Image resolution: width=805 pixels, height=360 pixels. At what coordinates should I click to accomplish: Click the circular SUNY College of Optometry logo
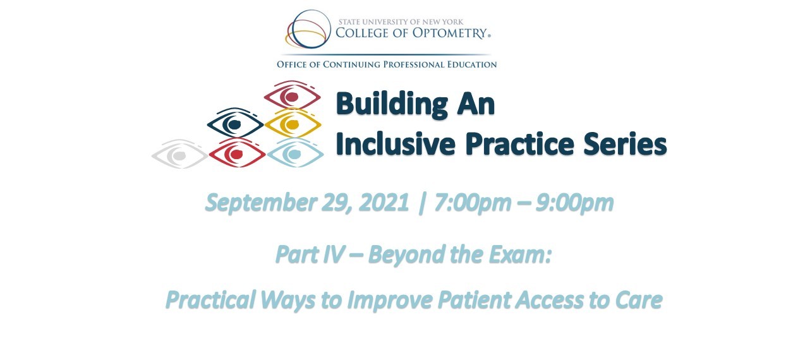point(308,30)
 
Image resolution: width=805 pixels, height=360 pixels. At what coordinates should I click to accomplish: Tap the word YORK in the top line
point(454,21)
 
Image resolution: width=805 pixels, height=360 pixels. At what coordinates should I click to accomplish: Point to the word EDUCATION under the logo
point(472,64)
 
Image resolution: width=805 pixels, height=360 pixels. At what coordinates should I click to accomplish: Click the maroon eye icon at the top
point(292,95)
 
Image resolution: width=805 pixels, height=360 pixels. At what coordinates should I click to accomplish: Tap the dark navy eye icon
point(236,123)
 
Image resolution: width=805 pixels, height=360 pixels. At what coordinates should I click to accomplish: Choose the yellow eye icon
point(293,124)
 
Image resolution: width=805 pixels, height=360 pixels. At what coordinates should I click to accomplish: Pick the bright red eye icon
point(237,153)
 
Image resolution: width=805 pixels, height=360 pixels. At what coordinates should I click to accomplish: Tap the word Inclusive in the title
point(396,144)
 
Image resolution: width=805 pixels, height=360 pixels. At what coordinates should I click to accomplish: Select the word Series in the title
point(625,144)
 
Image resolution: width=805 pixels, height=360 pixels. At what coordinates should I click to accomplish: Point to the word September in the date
point(260,203)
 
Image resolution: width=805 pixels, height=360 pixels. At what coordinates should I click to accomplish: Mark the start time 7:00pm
point(473,203)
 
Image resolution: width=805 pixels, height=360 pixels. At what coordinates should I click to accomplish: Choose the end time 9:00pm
point(574,203)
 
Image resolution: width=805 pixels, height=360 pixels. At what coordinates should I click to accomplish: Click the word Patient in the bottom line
point(475,300)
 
